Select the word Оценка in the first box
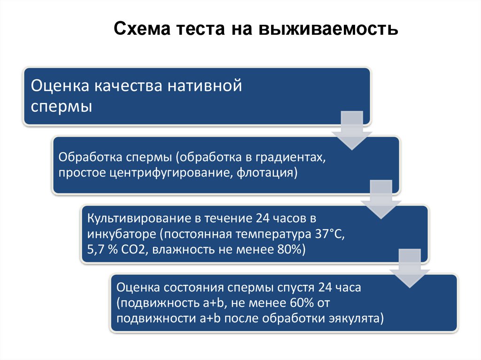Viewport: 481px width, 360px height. click(60, 87)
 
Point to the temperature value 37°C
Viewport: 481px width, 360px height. click(329, 234)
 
